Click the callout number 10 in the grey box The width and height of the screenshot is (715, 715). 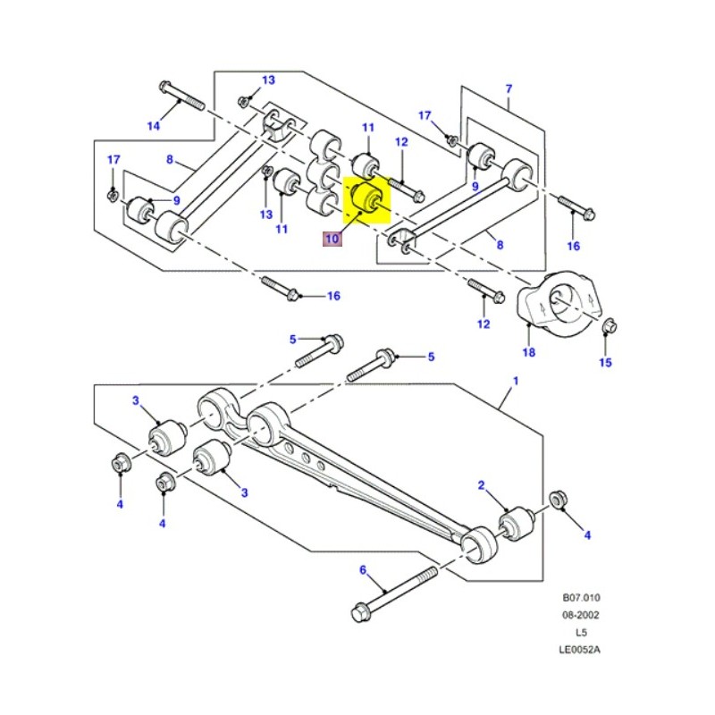pos(332,239)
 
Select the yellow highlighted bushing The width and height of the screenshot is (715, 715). pos(365,198)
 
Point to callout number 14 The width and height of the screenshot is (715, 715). pos(154,126)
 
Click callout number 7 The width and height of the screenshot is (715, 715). pos(509,88)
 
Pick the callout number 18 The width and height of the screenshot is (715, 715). pos(529,353)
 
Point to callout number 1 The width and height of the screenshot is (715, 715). pos(514,382)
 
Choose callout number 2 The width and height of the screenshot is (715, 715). pos(481,485)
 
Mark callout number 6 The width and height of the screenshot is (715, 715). pos(363,569)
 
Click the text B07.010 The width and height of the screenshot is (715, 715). pos(581,600)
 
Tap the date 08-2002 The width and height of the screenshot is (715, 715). pos(581,615)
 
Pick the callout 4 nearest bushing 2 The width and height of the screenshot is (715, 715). pos(587,534)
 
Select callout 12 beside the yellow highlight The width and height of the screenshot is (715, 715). pos(401,142)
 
